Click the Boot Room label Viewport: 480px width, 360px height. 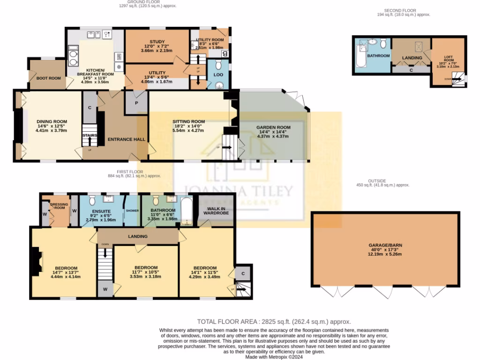[49, 78]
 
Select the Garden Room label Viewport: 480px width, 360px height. [273, 127]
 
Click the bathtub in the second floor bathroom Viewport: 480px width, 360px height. [360, 54]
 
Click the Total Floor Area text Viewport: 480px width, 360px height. [274, 322]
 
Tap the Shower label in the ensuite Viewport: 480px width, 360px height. [132, 210]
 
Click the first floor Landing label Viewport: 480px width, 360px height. [138, 236]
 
